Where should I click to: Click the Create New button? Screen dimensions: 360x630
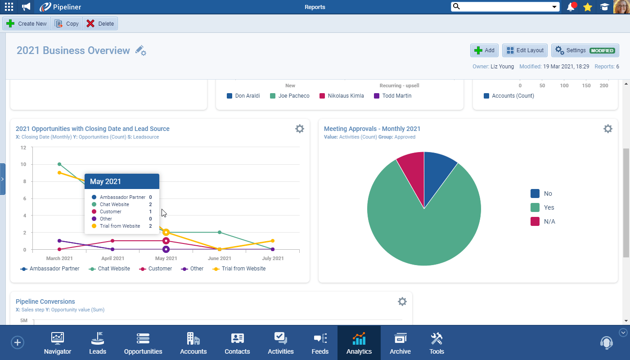point(27,24)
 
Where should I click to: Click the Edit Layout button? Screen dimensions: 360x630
point(525,50)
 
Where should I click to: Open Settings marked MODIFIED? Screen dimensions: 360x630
point(585,50)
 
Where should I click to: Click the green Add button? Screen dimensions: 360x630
point(484,50)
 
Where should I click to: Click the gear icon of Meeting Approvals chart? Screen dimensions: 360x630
point(607,129)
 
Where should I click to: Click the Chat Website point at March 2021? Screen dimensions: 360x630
point(59,164)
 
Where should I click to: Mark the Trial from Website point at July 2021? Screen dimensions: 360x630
point(273,241)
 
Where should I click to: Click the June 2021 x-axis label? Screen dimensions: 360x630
point(220,258)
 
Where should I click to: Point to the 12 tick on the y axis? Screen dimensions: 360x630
point(23,148)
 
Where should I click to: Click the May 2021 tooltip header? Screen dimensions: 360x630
point(122,181)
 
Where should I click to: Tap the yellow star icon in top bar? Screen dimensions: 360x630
point(588,7)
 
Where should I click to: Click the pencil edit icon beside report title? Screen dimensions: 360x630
point(140,50)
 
